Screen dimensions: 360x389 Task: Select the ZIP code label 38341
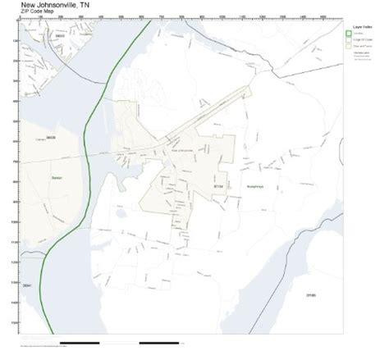(x=27, y=285)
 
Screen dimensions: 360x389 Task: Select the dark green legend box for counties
(x=348, y=34)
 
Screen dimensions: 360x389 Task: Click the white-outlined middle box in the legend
(x=348, y=40)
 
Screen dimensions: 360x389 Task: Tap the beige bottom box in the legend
(x=348, y=47)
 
